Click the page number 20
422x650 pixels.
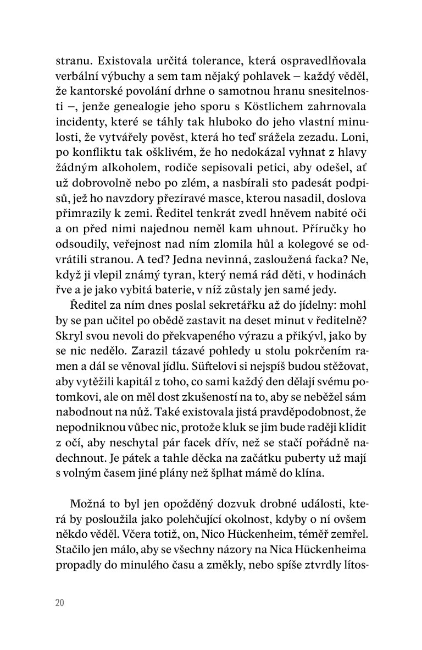point(60,603)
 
